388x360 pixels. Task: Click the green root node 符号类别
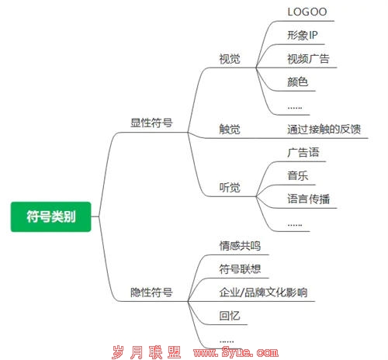[50, 216]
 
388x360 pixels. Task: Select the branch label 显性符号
[151, 123]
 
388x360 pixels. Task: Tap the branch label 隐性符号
[151, 292]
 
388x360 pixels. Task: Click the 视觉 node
[230, 59]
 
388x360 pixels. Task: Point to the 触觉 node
[230, 129]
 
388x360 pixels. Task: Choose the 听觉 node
[230, 187]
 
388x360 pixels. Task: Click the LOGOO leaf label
[307, 12]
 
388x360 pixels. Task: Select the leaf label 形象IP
[303, 35]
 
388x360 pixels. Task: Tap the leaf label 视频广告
[308, 59]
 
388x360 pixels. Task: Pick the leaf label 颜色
[298, 82]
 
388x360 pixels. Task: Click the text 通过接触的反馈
[324, 129]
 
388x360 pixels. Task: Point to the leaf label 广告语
[303, 152]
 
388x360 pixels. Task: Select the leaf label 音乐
[298, 176]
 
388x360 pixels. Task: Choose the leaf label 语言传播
[308, 199]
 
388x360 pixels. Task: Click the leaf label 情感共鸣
[240, 246]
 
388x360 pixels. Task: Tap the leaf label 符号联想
[240, 269]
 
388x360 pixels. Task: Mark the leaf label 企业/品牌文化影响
[263, 292]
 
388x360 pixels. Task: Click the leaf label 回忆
[230, 316]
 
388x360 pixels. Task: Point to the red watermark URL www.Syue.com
[236, 352]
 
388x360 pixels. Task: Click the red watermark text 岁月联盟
[147, 352]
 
